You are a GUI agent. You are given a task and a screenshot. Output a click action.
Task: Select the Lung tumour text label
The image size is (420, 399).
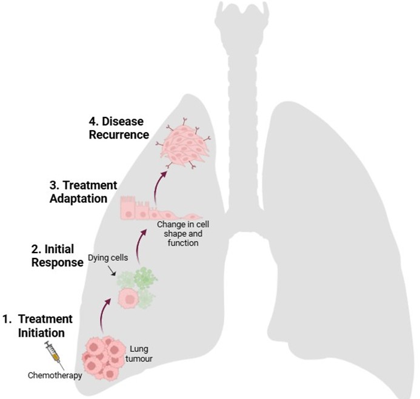[140, 353]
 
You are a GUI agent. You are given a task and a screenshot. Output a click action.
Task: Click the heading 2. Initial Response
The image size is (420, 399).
[57, 256]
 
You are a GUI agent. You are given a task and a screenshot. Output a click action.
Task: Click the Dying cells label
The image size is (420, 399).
[103, 257]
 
